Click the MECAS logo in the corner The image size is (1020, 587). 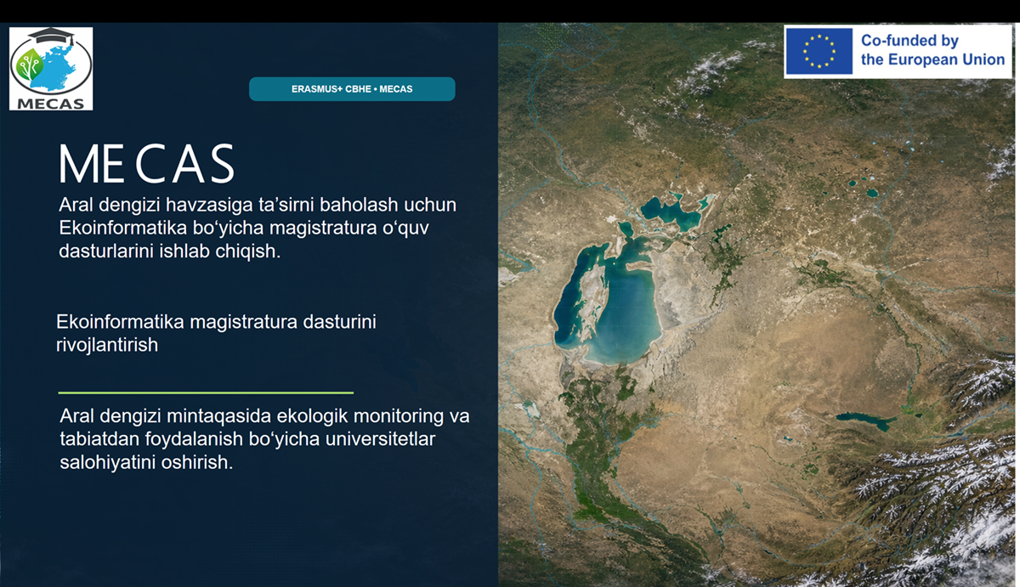[x=51, y=69]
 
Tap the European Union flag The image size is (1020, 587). [x=819, y=51]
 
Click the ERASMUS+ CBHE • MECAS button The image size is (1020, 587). [x=352, y=88]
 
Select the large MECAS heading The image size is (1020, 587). [x=146, y=163]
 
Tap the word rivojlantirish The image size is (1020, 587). [x=107, y=346]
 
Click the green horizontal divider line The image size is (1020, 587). [x=206, y=392]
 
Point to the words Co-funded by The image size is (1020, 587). [x=909, y=41]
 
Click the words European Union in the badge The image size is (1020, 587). [x=946, y=59]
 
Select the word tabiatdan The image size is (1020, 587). [x=99, y=439]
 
